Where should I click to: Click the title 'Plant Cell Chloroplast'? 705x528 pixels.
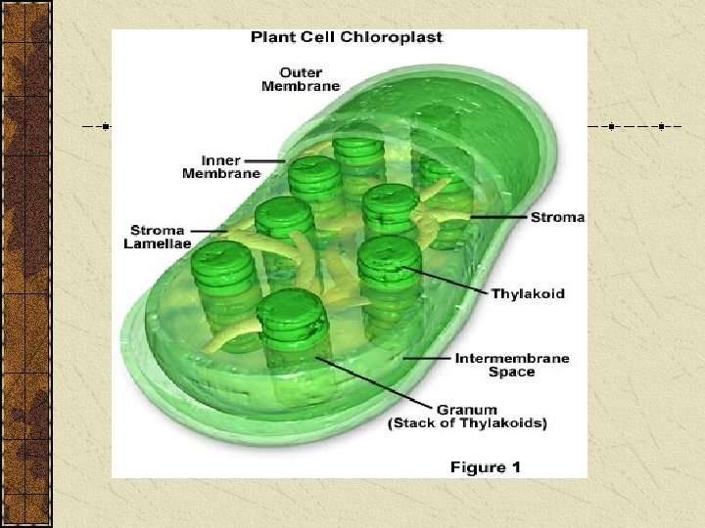pos(347,38)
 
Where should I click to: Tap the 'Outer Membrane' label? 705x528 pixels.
pos(301,79)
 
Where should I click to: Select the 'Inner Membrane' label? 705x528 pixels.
pos(221,166)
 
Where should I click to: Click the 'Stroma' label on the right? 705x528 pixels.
pos(557,217)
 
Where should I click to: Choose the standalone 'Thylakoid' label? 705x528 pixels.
pos(528,293)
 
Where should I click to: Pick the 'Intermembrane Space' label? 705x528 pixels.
pos(512,365)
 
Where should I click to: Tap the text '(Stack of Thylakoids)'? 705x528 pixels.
pos(468,423)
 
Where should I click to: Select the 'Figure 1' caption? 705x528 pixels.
pos(485,467)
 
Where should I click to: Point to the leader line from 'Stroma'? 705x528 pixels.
pos(499,216)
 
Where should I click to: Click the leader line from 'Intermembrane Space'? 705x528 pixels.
pos(425,359)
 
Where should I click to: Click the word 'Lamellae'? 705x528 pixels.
pos(157,244)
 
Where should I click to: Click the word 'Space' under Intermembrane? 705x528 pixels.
pos(512,373)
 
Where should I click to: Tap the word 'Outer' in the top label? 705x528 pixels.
pos(301,72)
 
